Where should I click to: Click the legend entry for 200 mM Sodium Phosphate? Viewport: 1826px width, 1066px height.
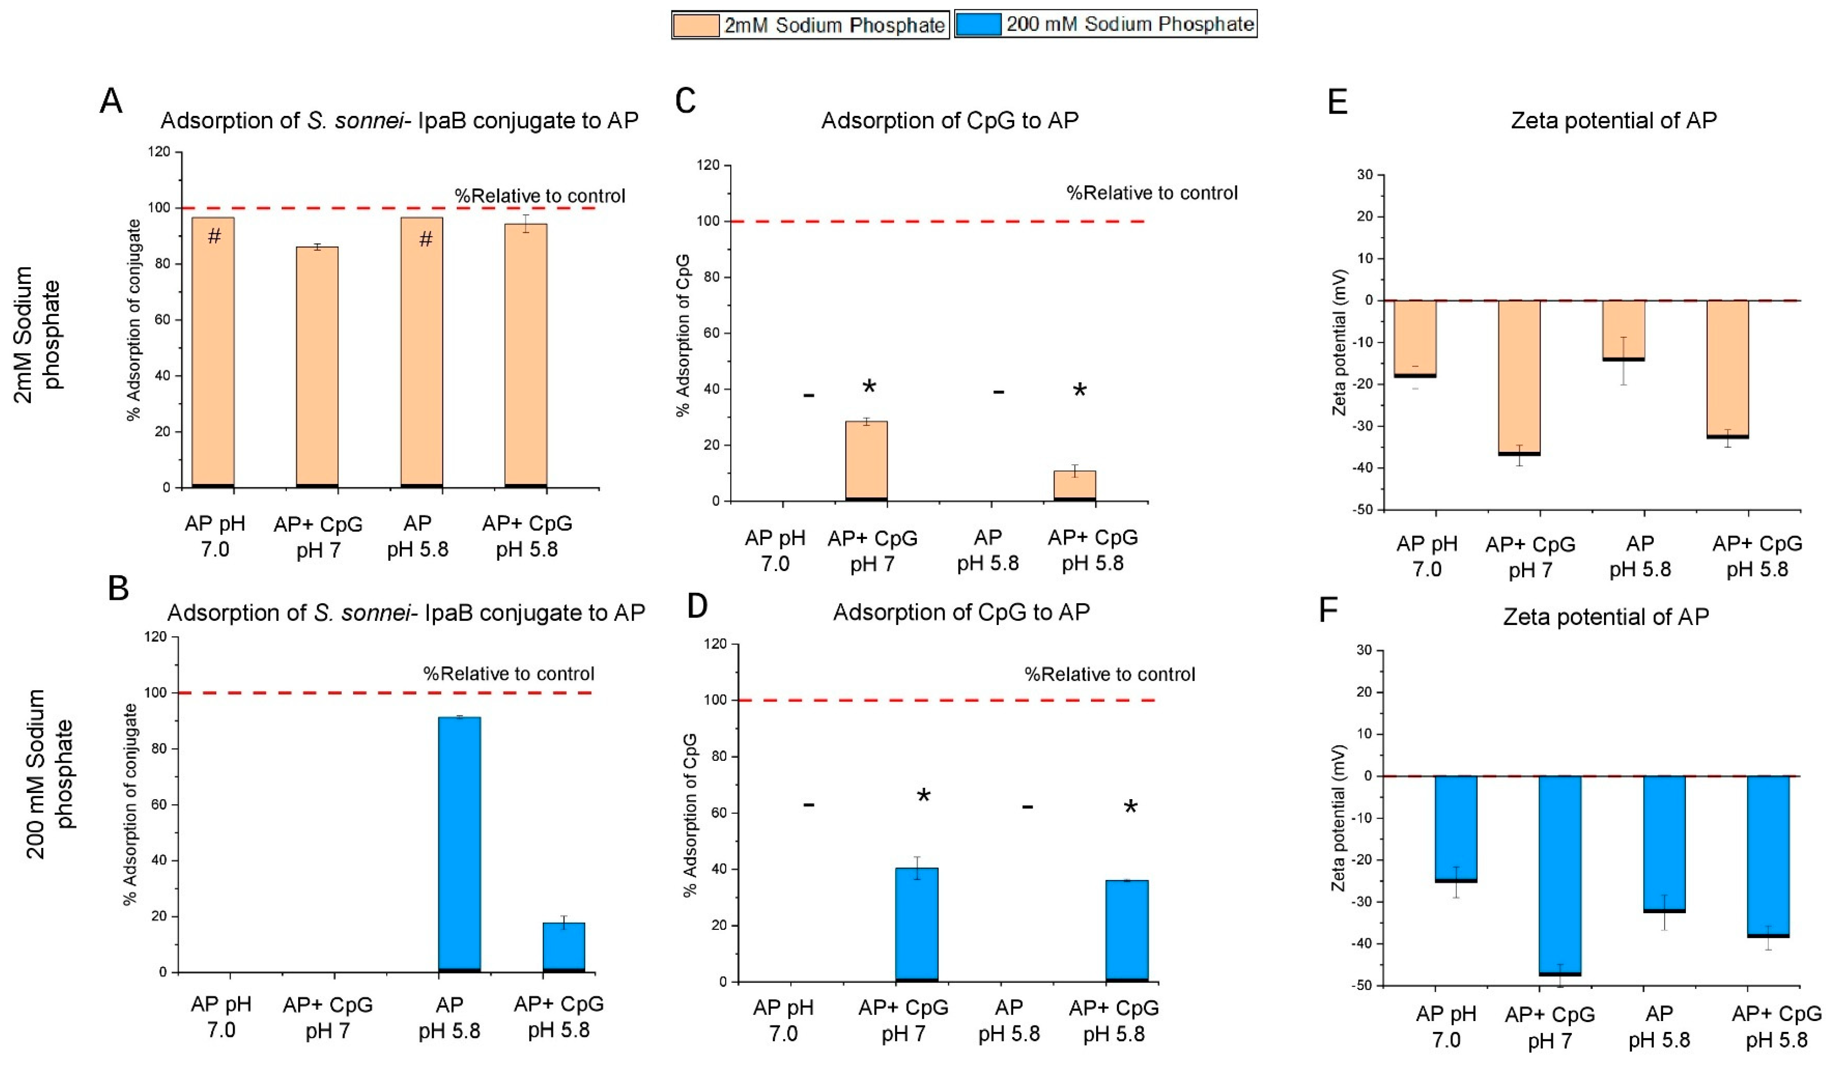1105,24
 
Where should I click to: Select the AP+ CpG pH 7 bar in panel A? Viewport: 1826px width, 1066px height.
318,366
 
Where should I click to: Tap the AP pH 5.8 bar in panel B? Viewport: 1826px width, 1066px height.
460,844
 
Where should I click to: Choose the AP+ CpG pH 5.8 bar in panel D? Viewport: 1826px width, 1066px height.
1127,931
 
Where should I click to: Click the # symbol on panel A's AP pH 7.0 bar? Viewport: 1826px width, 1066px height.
214,236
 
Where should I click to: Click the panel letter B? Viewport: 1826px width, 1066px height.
118,588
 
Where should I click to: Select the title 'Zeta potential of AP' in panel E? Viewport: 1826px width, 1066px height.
1613,120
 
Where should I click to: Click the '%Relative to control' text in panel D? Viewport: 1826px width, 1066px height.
1109,675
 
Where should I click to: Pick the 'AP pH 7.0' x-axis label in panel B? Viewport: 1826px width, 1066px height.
222,1017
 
